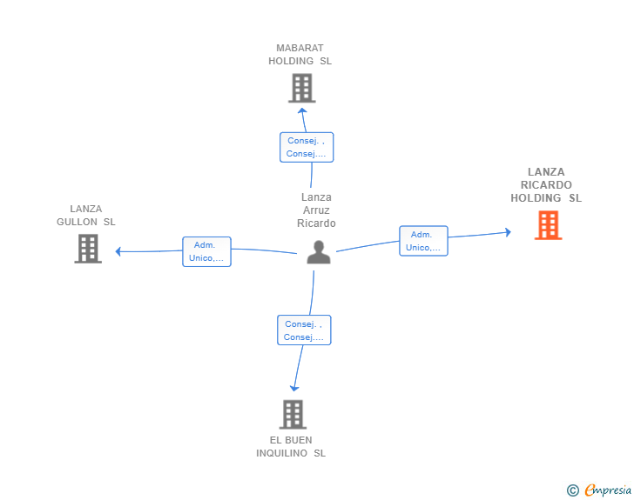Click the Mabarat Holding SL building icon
tap(301, 88)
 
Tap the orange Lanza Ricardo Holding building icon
tap(548, 225)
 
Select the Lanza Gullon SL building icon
tap(88, 249)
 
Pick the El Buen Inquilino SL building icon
tap(293, 415)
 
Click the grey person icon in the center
tap(320, 252)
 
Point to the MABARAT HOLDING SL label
tap(300, 55)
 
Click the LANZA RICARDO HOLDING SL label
tap(546, 185)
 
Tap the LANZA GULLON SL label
tap(86, 215)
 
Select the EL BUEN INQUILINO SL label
tap(291, 446)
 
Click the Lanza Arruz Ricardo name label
tap(316, 210)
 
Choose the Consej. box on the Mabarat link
tap(307, 147)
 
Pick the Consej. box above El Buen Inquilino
tap(304, 330)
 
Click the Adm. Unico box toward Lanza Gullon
tap(206, 251)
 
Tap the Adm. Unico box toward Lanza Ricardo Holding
tap(423, 241)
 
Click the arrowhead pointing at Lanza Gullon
tap(118, 252)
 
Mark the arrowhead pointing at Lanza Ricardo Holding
tap(507, 231)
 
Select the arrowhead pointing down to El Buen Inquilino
tap(294, 388)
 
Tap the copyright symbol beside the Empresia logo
tap(572, 490)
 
